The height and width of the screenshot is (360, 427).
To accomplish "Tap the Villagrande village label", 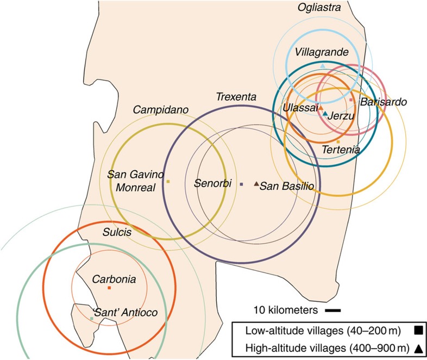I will click(322, 52).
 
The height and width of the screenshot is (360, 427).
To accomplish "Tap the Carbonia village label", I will click(110, 279).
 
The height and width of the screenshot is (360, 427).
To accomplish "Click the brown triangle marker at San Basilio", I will click(256, 184).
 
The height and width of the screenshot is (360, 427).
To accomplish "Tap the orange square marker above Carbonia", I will click(109, 287).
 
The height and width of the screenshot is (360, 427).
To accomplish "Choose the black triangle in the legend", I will click(418, 348).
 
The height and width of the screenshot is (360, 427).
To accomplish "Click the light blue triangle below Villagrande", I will click(323, 66).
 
